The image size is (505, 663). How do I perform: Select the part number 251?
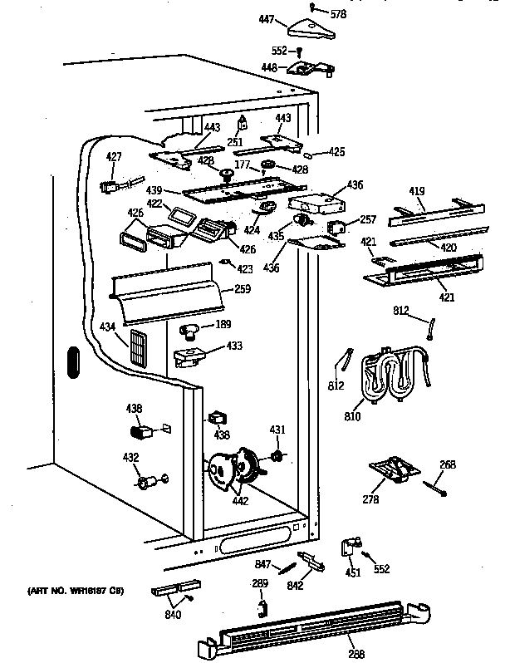(235, 142)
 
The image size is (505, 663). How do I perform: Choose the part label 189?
(223, 324)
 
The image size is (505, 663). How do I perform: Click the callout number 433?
(235, 345)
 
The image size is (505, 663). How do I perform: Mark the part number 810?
(353, 415)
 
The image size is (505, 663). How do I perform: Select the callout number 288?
(355, 654)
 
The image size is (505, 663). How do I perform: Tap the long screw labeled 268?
(434, 489)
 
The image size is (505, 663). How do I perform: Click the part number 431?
(277, 430)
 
